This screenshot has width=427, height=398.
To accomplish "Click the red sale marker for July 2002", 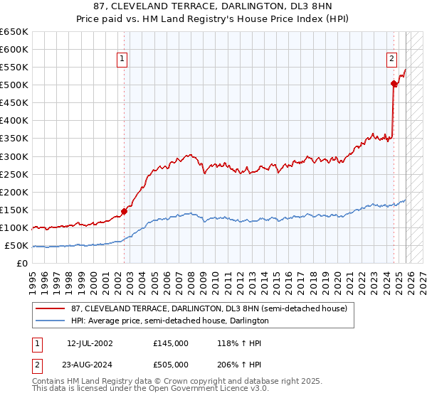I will [124, 211].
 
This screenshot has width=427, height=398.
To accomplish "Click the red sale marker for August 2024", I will [394, 83].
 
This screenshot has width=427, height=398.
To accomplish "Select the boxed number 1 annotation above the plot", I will [123, 60].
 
